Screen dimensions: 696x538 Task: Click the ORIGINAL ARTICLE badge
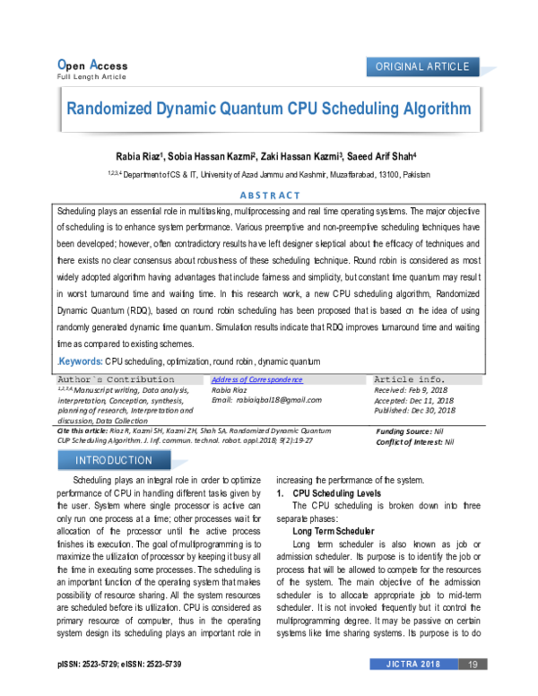pos(423,67)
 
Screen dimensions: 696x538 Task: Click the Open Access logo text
pos(92,65)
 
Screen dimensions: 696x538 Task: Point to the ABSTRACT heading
pos(270,196)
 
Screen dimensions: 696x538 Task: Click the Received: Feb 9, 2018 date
pos(410,390)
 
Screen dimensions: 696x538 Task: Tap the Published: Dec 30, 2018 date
pos(414,410)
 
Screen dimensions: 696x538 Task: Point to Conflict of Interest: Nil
pos(414,442)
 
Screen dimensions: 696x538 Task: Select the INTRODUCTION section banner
pos(114,460)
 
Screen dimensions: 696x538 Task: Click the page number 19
pos(472,664)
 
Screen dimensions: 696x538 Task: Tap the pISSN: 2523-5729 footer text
pos(87,665)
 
